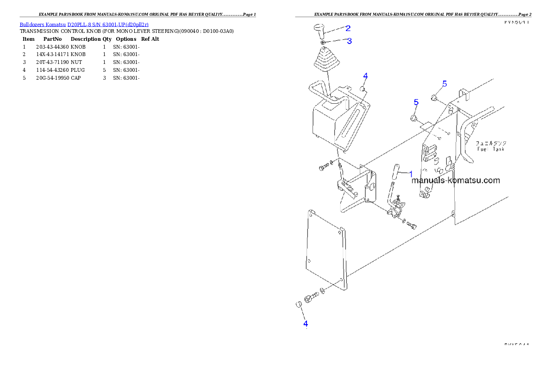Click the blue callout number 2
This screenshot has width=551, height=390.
tap(348, 28)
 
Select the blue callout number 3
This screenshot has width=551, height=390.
tap(349, 41)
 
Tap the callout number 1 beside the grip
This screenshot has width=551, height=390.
tap(410, 174)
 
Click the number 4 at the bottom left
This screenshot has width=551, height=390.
tap(306, 324)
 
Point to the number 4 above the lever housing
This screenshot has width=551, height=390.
tap(365, 75)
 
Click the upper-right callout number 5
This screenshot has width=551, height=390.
tap(445, 84)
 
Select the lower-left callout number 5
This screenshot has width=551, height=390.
tap(416, 102)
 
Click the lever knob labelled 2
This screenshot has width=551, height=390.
tap(319, 31)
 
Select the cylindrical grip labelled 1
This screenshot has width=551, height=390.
tap(397, 173)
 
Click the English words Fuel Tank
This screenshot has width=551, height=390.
tap(491, 149)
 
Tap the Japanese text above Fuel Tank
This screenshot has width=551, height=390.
tap(491, 144)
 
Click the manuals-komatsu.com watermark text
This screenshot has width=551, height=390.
tap(456, 180)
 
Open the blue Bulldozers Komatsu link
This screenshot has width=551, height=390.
tap(84, 24)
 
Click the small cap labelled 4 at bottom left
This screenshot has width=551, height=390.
tap(299, 304)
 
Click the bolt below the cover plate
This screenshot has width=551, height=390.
tap(311, 297)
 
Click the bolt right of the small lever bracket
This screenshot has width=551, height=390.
tap(412, 226)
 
